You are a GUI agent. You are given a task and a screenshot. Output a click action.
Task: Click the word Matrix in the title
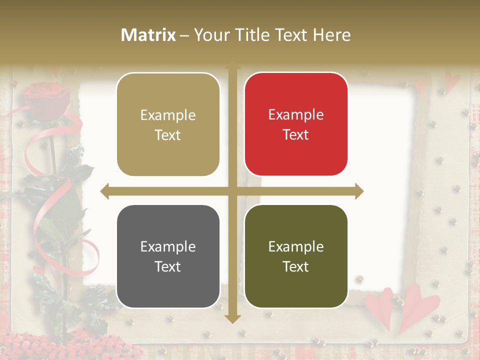(x=148, y=35)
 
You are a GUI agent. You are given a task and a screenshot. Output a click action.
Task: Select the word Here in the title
(x=331, y=35)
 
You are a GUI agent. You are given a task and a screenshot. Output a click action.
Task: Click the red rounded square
(x=296, y=124)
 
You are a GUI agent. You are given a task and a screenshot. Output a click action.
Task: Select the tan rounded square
(x=168, y=124)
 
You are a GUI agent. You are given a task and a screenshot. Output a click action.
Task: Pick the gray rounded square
(x=168, y=256)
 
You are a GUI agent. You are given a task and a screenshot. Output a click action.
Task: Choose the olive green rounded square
(x=296, y=256)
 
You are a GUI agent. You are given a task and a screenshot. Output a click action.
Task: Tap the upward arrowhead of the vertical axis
(x=232, y=64)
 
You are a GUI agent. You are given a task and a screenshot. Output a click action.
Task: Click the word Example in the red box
(x=296, y=115)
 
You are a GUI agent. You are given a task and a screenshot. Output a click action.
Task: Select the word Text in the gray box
(x=168, y=266)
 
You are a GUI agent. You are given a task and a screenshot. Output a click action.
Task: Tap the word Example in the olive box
(x=296, y=246)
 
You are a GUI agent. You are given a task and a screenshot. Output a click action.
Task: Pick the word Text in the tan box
(x=168, y=135)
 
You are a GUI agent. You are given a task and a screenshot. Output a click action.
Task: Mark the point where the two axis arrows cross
(x=232, y=191)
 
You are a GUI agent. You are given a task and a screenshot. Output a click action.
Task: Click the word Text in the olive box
(x=296, y=266)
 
